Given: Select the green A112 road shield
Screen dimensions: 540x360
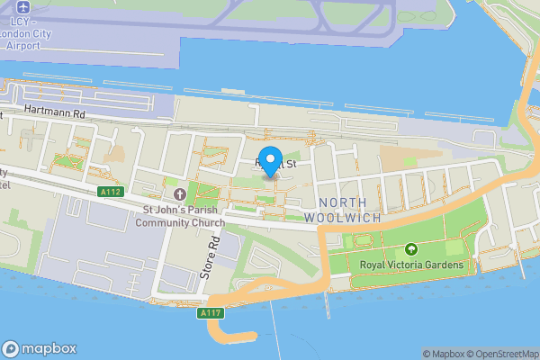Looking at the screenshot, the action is pos(110,192).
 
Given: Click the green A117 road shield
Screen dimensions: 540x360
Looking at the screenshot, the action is pos(211,312).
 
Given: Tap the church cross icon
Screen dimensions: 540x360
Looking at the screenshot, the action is pos(178,194).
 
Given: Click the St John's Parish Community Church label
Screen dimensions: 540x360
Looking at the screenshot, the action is pos(179,217).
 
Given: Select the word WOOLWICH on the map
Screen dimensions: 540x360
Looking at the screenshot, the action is pos(344,218).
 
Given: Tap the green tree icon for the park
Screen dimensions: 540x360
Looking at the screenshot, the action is pos(411,248).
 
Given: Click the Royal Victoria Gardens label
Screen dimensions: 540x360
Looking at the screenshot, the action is pos(411,265).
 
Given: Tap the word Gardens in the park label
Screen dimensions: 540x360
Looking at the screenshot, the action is pos(445,265).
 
